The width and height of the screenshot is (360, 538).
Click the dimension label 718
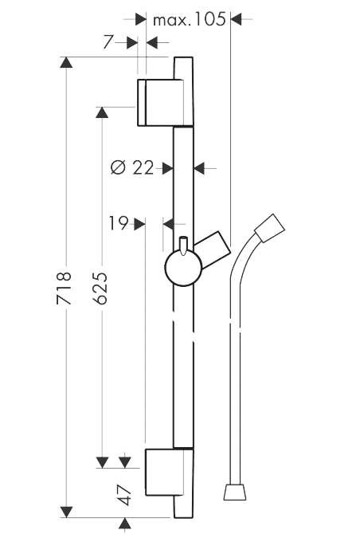coord(64,288)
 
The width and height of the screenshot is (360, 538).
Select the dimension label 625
coord(100,288)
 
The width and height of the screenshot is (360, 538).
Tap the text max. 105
coord(190,19)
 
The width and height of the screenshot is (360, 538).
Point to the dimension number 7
coord(108,42)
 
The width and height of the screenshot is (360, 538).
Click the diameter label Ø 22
coord(132,167)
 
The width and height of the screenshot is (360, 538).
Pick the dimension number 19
coord(119,223)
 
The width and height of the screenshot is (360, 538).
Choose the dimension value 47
coord(126,495)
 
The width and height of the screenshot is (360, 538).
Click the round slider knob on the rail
coord(183,269)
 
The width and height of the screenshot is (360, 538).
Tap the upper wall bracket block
coord(160,102)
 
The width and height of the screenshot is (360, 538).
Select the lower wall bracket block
coord(164,472)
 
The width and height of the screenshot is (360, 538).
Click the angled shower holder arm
coord(213,249)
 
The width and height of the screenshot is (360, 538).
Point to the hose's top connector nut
coord(270,228)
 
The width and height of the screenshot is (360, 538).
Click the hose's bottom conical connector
coord(235,493)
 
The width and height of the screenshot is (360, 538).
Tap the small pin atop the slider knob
coord(183,245)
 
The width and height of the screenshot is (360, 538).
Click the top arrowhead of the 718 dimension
coord(66,62)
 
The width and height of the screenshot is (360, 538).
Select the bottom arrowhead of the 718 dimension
coord(66,512)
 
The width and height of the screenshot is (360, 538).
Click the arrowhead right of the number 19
coord(140,224)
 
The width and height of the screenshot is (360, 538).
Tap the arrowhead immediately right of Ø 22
coord(168,168)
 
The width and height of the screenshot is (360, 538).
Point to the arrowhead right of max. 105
coord(237,19)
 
